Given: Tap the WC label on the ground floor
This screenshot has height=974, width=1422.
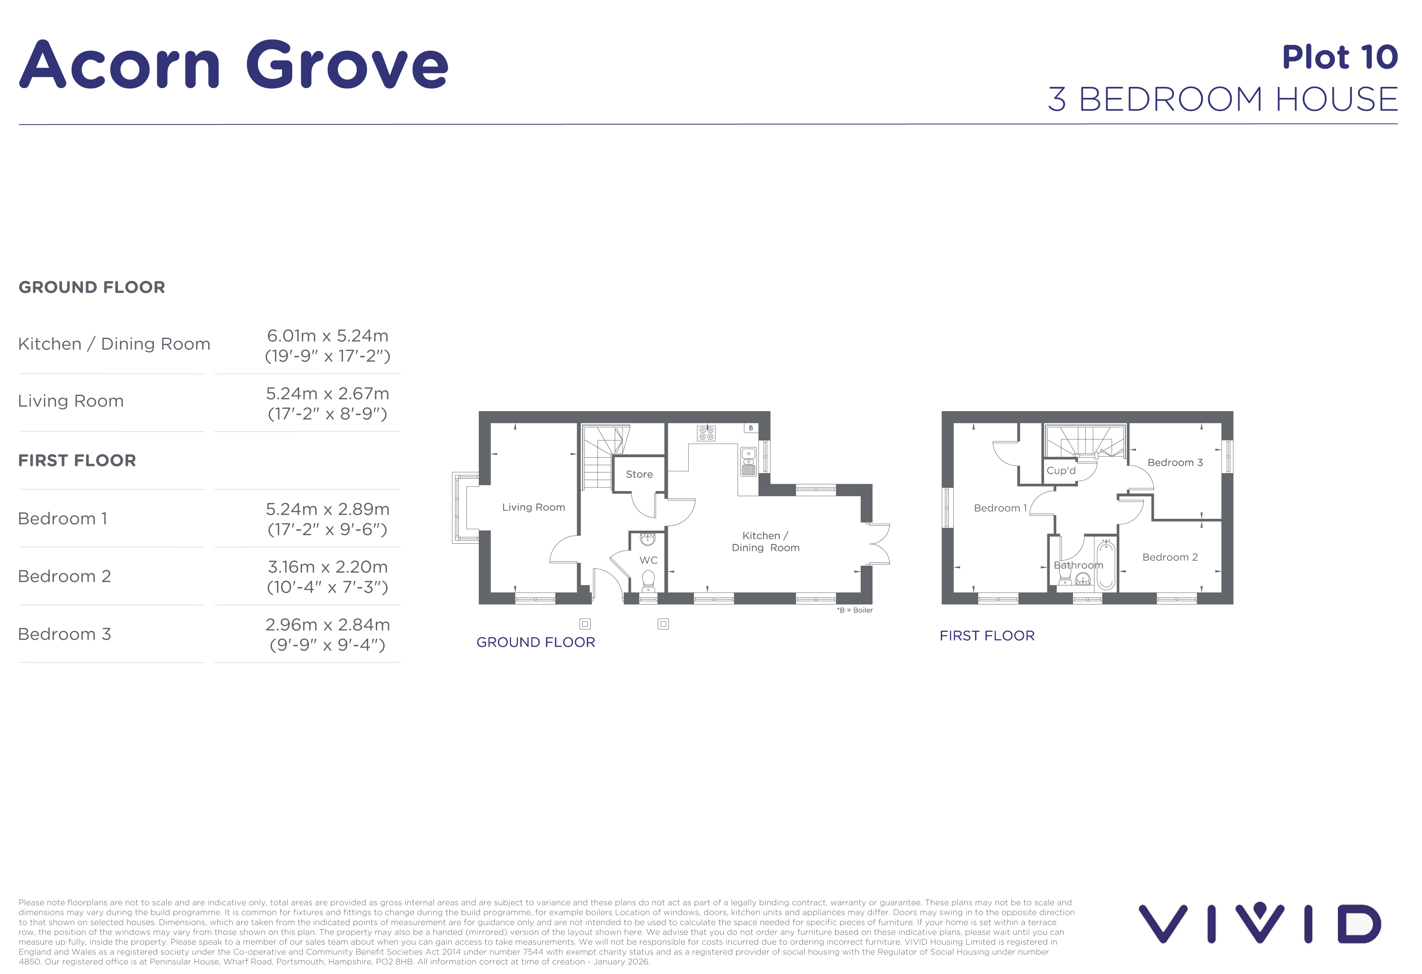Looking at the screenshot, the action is coord(648,560).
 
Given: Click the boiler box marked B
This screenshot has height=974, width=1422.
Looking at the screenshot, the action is coord(751,428).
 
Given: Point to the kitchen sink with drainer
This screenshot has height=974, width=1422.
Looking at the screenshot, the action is coord(748,462).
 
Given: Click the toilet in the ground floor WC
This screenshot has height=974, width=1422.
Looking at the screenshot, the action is coord(648,581).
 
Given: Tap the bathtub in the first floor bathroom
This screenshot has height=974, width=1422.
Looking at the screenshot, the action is coord(1106,564).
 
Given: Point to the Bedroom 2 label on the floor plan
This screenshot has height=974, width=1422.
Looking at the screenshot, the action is coord(1170,557).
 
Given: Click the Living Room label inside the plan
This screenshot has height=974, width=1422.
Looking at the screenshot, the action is coord(533,507).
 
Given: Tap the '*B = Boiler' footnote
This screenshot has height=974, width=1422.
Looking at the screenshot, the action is coord(854,610).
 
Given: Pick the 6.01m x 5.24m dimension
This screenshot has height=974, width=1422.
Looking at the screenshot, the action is coord(327,336).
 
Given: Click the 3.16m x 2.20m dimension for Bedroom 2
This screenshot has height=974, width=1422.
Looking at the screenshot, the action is coord(327,567).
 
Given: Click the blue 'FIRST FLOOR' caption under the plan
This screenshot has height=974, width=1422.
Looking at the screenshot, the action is coord(987,636).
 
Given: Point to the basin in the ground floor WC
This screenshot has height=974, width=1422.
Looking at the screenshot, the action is coord(647,539).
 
